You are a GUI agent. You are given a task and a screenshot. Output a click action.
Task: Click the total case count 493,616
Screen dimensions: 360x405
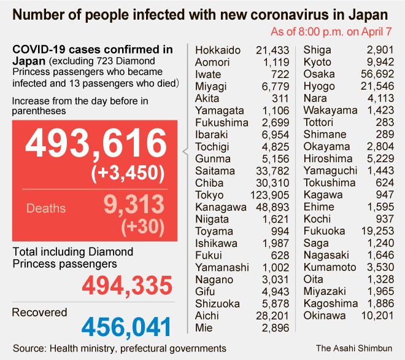(96, 146)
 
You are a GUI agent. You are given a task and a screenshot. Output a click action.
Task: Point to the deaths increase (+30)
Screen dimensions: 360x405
(144, 227)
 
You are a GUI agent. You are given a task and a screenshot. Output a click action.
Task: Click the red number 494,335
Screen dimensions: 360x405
(127, 285)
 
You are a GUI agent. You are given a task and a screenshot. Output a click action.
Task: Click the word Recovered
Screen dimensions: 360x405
(40, 312)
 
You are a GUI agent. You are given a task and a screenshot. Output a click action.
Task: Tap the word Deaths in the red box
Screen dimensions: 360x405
(46, 208)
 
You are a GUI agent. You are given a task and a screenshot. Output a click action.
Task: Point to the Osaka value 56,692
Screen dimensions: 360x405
(379, 73)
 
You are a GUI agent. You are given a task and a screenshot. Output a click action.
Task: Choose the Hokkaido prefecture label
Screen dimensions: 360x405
(218, 50)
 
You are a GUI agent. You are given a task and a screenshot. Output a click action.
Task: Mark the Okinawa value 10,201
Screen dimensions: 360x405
(379, 316)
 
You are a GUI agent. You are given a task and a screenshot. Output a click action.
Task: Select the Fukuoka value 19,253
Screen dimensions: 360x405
(379, 231)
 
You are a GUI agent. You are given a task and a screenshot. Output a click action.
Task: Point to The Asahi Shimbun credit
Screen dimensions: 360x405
(355, 348)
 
